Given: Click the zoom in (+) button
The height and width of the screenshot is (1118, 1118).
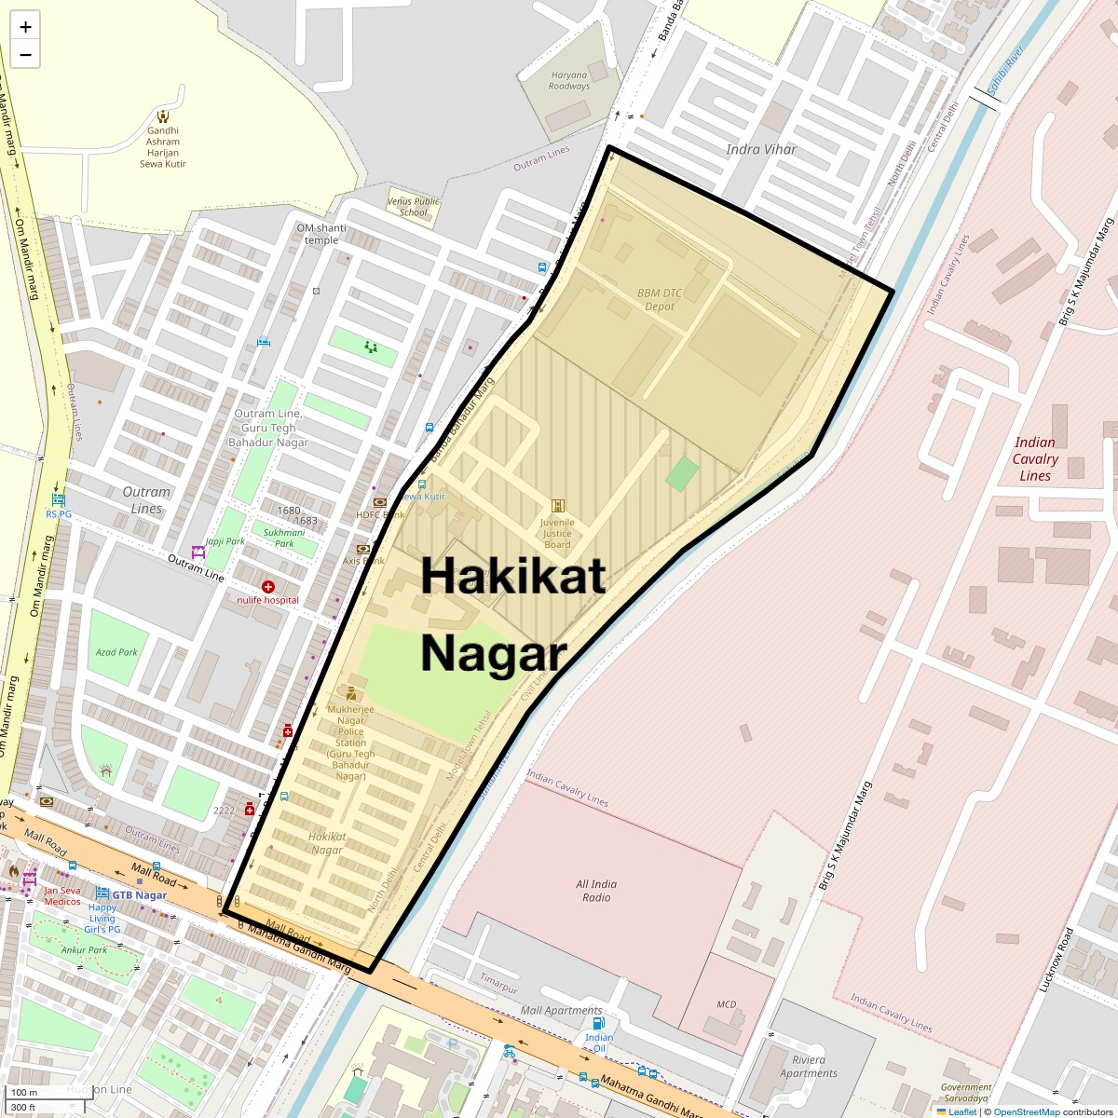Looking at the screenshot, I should point(25,27).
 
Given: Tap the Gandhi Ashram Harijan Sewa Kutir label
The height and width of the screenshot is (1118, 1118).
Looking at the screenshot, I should point(163,147).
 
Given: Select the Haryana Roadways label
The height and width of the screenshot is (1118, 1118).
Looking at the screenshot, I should point(569,81).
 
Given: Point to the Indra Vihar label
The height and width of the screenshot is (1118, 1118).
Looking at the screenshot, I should point(761,149).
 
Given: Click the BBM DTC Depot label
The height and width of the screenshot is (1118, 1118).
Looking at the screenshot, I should point(660,299).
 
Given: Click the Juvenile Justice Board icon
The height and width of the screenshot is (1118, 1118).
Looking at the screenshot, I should point(558,506).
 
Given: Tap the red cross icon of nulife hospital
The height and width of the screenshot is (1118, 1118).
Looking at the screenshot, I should point(268,586).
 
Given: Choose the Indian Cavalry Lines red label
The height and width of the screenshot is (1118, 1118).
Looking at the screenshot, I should point(1034,458).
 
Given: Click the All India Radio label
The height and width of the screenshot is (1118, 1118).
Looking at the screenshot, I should point(596,891).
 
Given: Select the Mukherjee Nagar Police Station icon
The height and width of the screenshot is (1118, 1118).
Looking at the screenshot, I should point(350,693).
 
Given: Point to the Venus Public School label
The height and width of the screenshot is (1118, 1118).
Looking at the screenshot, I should point(414,207).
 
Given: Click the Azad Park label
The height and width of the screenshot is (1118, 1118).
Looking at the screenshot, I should point(116,652).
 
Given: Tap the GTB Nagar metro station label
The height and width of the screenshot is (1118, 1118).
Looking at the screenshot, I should point(139,895).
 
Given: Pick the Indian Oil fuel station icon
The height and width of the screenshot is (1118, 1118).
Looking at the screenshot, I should point(598,1023).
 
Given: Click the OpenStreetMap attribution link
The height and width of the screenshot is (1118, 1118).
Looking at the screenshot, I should point(1026,1111).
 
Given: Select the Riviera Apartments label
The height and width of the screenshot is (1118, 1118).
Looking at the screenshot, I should point(809,1067).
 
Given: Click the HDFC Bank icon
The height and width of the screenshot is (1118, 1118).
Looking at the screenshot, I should point(379,503).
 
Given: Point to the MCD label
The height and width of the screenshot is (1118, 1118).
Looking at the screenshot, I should point(727,1004).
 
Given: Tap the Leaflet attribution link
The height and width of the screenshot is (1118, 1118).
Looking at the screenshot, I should point(962,1111).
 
